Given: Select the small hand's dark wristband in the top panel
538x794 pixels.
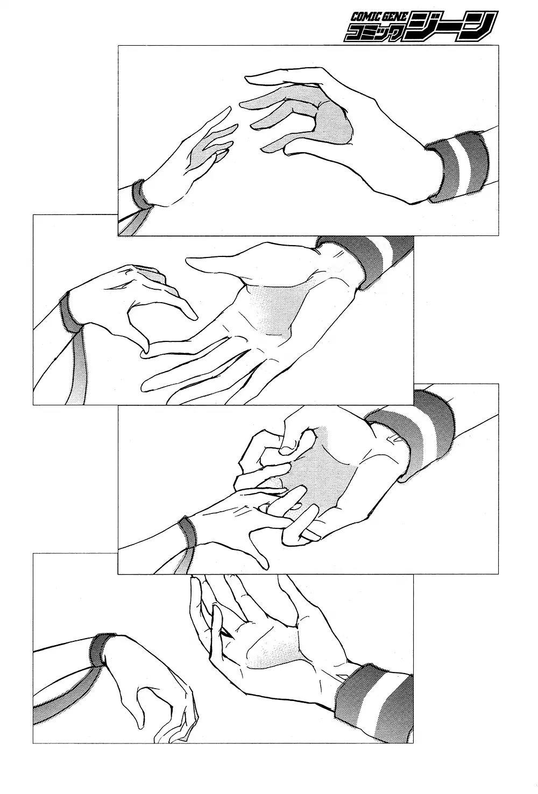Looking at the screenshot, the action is tap(140, 195).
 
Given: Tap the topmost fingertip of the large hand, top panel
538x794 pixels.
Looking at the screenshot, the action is tap(247, 77).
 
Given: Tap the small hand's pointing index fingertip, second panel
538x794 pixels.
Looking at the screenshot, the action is tap(194, 317).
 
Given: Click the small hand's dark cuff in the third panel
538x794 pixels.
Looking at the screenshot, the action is tap(187, 537).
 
